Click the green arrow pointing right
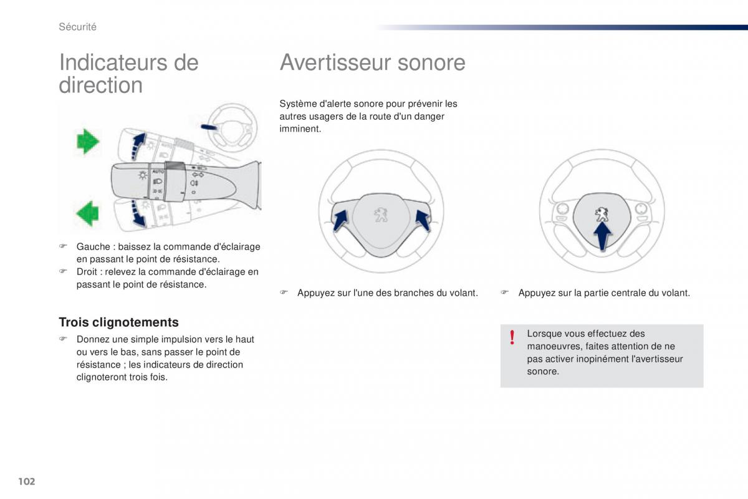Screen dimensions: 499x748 88,142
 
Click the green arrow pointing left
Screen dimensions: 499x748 88,212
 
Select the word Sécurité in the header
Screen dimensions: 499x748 77,27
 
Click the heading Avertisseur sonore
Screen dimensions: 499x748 372,62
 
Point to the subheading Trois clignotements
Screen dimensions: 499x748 118,322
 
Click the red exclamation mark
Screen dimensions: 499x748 512,338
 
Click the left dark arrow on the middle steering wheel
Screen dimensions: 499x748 340,220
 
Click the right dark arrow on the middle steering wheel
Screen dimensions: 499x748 422,220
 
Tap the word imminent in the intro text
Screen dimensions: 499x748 300,129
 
